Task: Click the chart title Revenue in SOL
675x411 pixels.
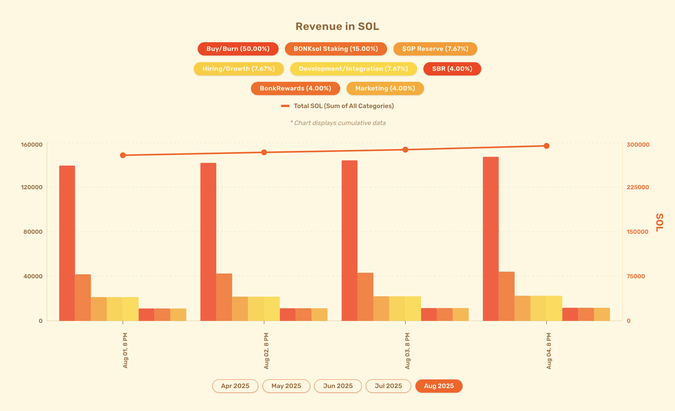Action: pos(337,26)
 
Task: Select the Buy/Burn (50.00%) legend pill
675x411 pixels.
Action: pos(238,49)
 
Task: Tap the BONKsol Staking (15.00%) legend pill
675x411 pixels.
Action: pos(336,49)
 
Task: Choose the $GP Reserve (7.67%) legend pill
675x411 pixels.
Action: pos(435,49)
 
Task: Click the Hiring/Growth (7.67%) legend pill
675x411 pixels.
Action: pos(239,69)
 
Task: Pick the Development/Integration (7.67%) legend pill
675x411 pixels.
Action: pos(353,69)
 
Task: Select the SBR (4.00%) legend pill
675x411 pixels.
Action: pos(452,69)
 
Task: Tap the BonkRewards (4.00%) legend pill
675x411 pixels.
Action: pos(295,88)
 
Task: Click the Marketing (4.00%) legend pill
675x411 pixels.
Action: pos(385,88)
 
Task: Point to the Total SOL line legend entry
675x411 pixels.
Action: pos(337,106)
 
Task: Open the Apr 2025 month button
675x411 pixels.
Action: pos(235,386)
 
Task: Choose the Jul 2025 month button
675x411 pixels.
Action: pos(388,386)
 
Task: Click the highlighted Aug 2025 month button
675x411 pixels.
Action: pos(439,386)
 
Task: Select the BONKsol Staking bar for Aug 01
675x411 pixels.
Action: pos(83,298)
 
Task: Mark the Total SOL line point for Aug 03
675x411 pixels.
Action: pos(405,150)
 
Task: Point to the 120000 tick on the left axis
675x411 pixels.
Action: pos(32,187)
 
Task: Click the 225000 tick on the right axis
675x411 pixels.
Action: pos(638,187)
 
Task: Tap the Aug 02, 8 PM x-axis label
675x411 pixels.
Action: pos(266,351)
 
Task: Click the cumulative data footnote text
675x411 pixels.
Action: pos(338,123)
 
